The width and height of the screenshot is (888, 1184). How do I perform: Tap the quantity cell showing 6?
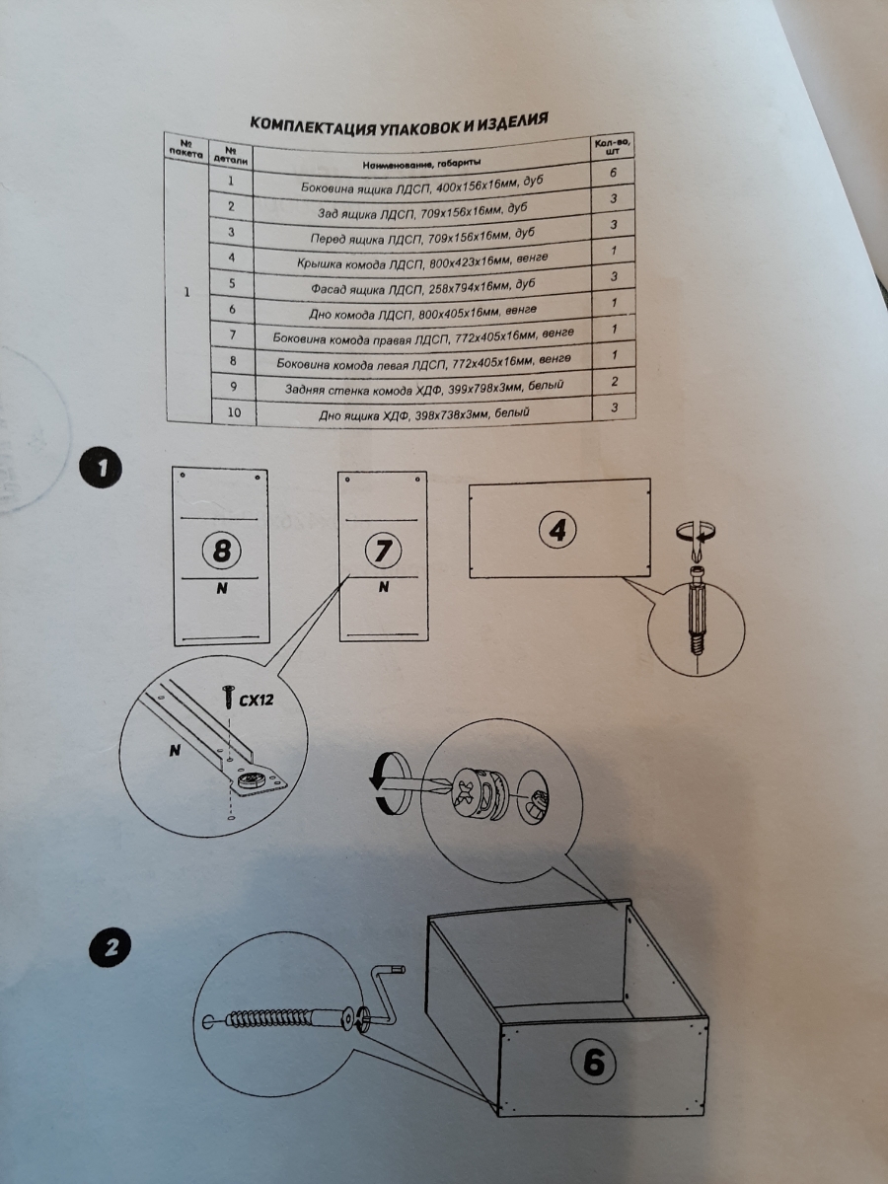614,174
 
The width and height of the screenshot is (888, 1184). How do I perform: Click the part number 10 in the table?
233,414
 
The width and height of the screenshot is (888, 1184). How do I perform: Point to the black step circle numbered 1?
101,468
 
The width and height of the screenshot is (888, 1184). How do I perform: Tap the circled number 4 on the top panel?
557,530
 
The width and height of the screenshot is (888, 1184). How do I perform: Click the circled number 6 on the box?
594,1063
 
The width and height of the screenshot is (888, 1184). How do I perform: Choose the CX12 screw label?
256,700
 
